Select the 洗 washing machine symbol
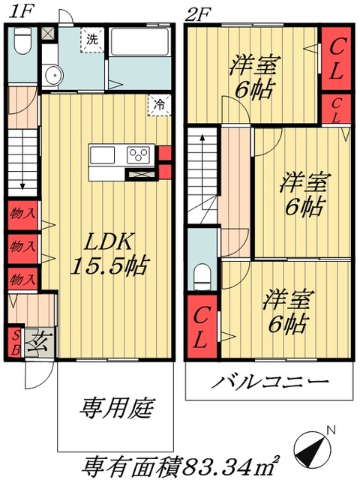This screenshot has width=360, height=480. pos(92,38)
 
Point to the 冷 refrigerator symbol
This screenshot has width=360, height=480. pos(159,104)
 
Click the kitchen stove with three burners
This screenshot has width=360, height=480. pos(139,156)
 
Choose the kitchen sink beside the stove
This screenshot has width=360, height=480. pos(103,156)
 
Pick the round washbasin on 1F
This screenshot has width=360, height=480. pos(52,75)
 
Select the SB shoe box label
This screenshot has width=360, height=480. pos(14,340)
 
